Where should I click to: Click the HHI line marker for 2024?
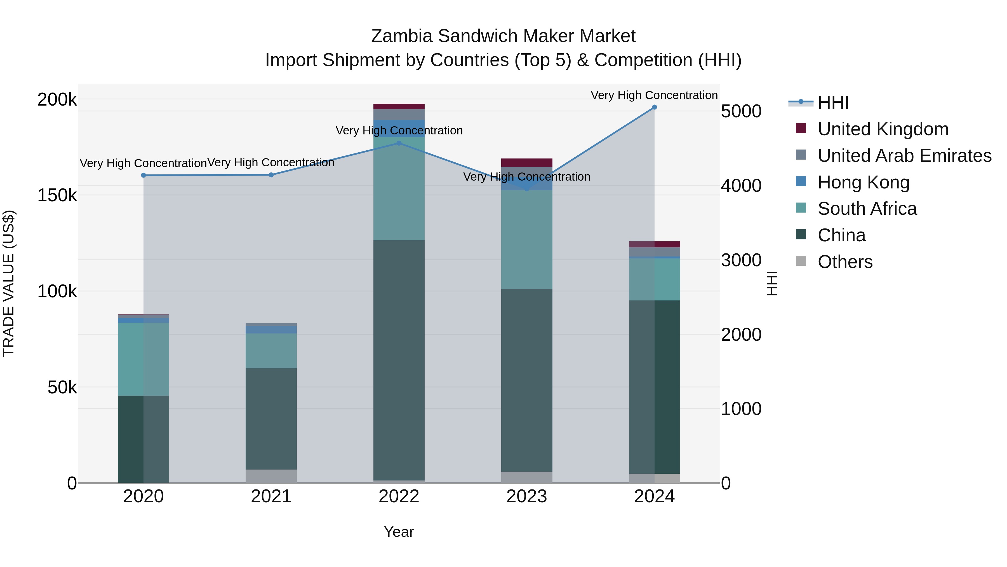point(654,107)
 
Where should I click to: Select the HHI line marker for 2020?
point(143,175)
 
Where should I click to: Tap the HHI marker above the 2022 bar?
point(399,143)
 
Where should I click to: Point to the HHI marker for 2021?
point(271,175)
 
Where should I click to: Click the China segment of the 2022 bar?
point(399,360)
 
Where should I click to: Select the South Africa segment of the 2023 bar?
point(526,239)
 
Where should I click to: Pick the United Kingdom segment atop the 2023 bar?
point(526,163)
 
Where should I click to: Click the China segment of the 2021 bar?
point(271,419)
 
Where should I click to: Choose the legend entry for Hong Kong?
point(863,182)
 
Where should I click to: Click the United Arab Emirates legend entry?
point(904,156)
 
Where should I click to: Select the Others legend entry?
point(844,262)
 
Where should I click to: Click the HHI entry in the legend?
point(833,102)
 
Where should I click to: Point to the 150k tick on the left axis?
point(57,195)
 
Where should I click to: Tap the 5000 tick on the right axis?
point(741,111)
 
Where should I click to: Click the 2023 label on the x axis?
point(526,496)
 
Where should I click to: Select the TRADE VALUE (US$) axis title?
point(9,283)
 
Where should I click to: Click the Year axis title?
point(399,532)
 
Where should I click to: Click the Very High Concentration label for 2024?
point(654,95)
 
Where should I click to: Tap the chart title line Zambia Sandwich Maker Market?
point(503,36)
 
